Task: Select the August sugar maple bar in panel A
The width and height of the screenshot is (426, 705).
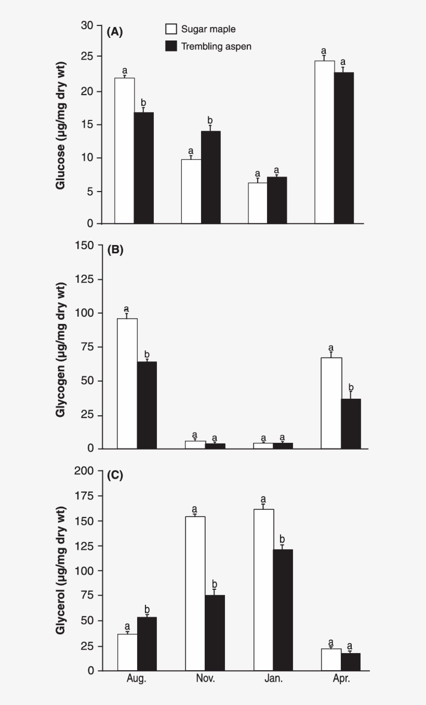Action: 125,151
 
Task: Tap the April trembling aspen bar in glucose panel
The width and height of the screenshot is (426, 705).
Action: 343,148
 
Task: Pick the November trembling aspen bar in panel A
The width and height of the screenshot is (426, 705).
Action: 210,177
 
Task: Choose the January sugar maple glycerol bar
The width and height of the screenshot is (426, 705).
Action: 263,590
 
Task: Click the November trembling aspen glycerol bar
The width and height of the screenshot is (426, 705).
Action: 215,633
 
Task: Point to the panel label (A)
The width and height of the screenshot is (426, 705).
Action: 115,32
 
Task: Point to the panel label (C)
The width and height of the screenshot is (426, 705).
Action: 115,476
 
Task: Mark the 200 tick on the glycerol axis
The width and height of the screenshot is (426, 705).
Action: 85,471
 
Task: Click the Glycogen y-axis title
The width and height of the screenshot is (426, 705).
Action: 61,350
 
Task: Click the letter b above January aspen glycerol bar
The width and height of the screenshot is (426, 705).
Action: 283,538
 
